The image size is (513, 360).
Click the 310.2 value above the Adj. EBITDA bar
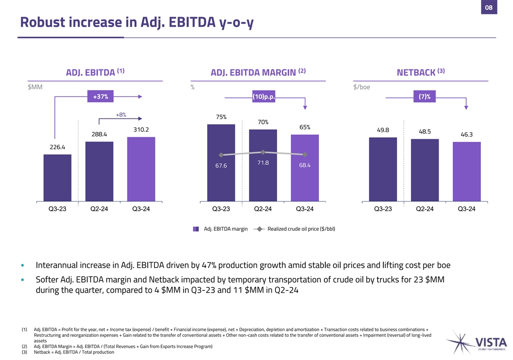coord(141,130)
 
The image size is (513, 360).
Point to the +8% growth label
coord(121,115)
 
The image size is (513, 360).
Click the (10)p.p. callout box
coord(264,97)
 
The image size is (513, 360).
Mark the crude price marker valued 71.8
coord(263,152)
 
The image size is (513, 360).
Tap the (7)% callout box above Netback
coord(424,97)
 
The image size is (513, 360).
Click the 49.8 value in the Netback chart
coord(383,130)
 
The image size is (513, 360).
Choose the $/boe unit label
coord(362,87)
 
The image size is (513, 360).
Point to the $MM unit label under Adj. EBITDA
coord(35,87)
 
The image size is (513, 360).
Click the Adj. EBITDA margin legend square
coord(197,229)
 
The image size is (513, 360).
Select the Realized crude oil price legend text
coord(301,229)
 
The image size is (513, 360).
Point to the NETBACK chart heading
coord(415,73)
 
